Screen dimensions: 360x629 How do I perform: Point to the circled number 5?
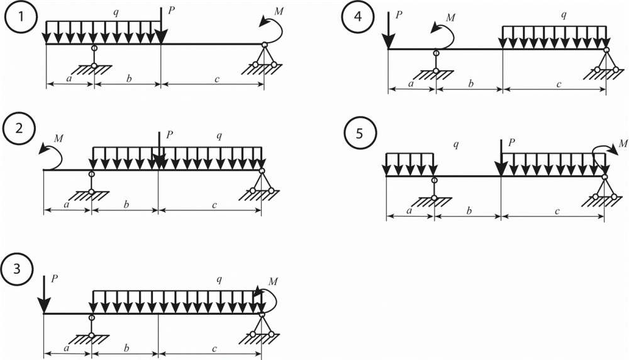tap(359, 134)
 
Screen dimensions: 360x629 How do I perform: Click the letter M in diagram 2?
tap(59, 137)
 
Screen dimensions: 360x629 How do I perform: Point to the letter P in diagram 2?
tap(168, 135)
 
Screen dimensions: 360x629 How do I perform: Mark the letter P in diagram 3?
tap(54, 278)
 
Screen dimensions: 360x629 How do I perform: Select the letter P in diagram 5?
tap(511, 144)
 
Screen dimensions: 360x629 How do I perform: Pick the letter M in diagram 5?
tap(623, 144)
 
